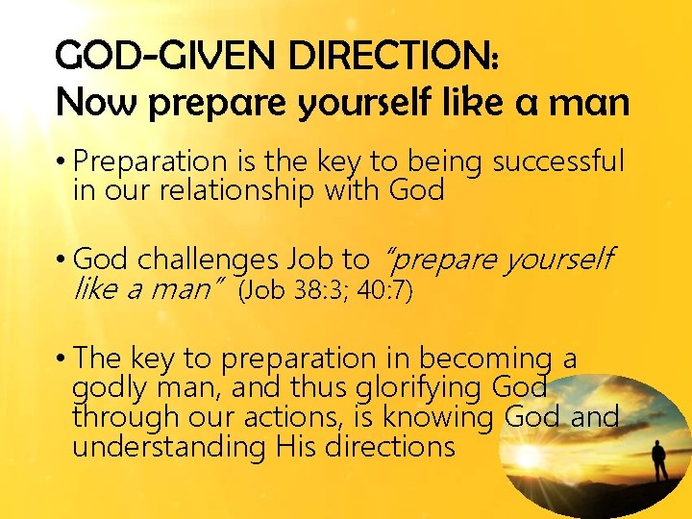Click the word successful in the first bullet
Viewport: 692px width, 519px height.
pos(558,161)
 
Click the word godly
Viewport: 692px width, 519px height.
pos(101,388)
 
